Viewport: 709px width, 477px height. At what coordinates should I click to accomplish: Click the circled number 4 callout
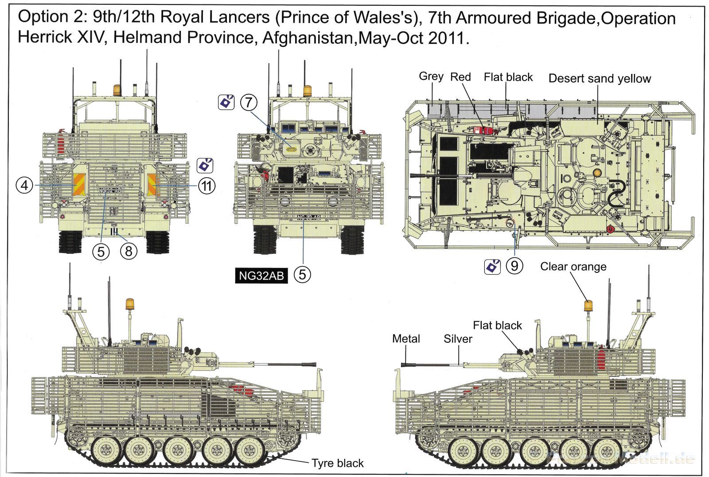[25, 185]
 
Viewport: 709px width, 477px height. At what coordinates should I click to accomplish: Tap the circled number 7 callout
[249, 103]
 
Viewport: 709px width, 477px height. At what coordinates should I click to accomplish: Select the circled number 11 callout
[206, 186]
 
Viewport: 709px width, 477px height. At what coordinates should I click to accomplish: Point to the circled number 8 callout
[129, 251]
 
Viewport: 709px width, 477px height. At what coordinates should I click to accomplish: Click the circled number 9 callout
[514, 266]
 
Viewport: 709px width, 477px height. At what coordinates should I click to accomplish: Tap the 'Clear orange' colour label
[573, 267]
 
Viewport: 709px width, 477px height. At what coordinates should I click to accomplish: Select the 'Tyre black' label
[337, 463]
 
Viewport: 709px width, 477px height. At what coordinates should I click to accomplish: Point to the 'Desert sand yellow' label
[600, 78]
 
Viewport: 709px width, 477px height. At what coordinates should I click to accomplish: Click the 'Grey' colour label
[431, 76]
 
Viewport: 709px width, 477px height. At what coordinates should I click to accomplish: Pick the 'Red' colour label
[460, 77]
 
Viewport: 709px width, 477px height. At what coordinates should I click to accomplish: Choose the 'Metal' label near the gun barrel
[406, 339]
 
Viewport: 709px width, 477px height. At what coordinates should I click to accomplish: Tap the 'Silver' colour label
[458, 339]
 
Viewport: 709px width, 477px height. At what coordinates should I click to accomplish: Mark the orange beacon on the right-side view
[588, 306]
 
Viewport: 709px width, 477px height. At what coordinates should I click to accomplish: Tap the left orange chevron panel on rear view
[78, 185]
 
